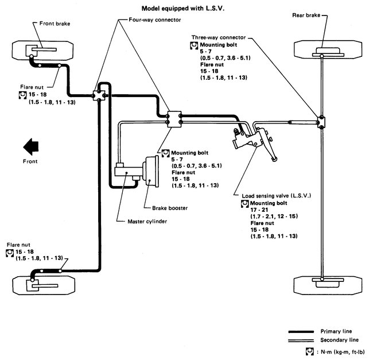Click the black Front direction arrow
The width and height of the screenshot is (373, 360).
pos(31,146)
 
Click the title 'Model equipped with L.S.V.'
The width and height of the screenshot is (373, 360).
pos(183,9)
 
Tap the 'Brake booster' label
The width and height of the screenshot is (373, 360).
pos(170,208)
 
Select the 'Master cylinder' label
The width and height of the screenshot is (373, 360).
pos(147,222)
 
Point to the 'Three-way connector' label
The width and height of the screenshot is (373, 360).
pos(219,37)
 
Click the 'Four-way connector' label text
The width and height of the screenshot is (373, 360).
pos(154,20)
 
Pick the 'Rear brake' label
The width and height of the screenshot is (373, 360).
pos(306,16)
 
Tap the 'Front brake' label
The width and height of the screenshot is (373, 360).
pos(55,24)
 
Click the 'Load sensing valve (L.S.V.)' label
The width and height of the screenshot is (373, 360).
pos(277,196)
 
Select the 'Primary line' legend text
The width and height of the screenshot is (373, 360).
pos(336,331)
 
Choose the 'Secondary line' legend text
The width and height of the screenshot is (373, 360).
pos(340,340)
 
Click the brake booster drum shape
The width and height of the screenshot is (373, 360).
pos(151,171)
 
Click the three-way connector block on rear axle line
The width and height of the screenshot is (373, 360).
pos(321,122)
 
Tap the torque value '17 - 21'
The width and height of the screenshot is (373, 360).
pos(259,210)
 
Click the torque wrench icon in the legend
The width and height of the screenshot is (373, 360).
pos(309,351)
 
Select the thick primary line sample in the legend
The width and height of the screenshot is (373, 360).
pos(301,331)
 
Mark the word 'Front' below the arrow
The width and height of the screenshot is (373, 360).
pos(30,161)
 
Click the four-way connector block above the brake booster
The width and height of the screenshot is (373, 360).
pos(174,119)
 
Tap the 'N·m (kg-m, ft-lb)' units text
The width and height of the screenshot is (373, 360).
pos(343,351)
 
